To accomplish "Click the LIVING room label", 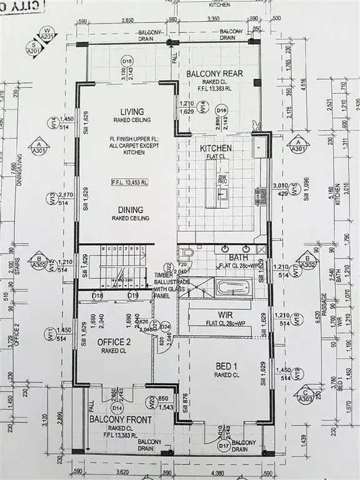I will point(128,112).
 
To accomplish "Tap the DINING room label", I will point(128,210).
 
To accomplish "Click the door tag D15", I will point(127,61).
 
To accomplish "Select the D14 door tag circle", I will point(116,407).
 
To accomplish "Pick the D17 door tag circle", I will point(224,446).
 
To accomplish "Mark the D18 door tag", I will point(97,295).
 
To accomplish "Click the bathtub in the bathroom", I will point(232,289).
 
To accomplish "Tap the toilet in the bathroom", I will point(187,253).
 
